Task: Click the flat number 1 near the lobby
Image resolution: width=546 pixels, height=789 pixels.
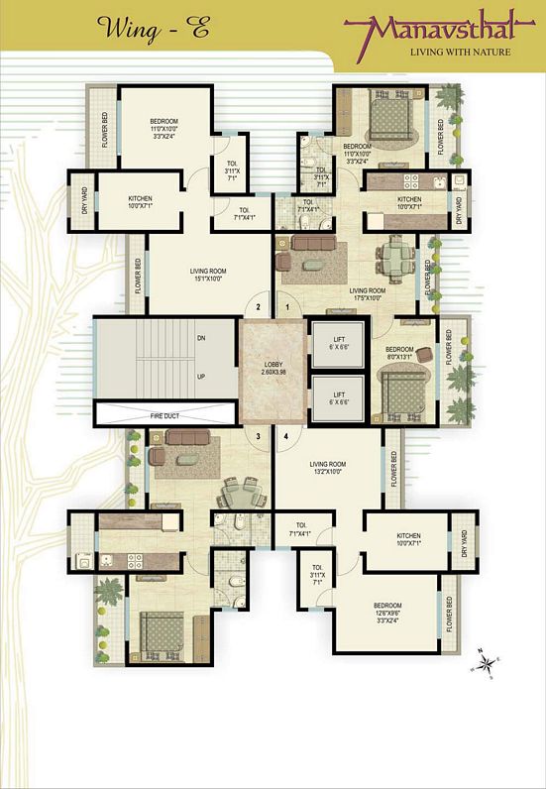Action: coord(288,307)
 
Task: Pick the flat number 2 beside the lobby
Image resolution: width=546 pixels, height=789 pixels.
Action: coord(258,307)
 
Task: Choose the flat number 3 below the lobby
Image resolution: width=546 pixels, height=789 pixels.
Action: coord(258,436)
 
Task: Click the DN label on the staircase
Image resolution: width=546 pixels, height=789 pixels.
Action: coord(201,338)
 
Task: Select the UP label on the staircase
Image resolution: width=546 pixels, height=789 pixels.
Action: coord(201,377)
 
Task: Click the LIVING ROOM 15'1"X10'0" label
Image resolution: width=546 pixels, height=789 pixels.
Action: coord(209,275)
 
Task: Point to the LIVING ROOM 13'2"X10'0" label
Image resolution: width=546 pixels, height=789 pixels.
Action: coord(327,468)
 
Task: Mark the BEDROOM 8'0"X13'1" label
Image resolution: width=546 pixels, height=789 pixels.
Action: coord(399,355)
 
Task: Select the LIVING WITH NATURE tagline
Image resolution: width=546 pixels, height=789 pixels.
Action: coord(461,52)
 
